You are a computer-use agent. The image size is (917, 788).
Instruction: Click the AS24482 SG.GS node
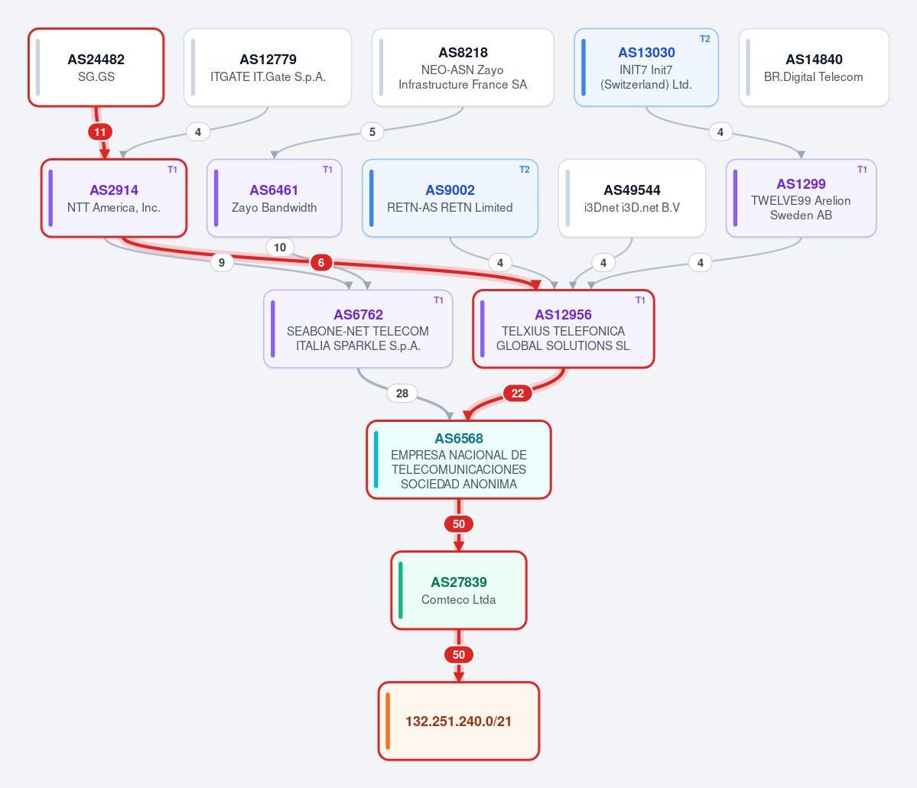coord(96,67)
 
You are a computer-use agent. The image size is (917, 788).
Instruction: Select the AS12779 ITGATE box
coord(268,67)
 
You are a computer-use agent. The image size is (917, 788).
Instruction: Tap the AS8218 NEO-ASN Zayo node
coord(463,67)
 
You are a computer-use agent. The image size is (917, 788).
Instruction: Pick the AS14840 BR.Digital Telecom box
coord(814,67)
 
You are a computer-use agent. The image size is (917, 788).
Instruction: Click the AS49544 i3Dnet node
coord(632,198)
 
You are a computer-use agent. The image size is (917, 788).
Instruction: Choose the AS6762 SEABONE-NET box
coord(358,329)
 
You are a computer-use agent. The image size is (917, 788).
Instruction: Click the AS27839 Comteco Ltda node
coord(459,590)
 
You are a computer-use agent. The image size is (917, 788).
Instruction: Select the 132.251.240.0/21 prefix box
coord(459,722)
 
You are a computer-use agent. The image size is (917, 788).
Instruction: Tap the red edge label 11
coord(100,132)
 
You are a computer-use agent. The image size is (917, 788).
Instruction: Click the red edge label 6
coord(321,262)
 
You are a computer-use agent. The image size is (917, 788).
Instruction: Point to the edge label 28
coord(402,394)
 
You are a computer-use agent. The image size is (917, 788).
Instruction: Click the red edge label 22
coord(518,394)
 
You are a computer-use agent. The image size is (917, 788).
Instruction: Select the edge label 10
coord(280,248)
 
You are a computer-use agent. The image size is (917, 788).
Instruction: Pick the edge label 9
coord(222,262)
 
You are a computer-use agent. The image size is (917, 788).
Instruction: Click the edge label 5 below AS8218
coord(372,132)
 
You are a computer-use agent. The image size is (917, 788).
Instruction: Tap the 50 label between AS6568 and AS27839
coord(459,524)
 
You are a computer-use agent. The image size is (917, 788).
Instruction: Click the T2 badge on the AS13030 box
coord(704,38)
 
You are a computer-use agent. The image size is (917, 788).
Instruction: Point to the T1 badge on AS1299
coord(862,170)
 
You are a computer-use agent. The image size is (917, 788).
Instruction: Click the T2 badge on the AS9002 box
coord(524,170)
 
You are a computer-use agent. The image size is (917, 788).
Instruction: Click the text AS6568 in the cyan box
coord(459,439)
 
